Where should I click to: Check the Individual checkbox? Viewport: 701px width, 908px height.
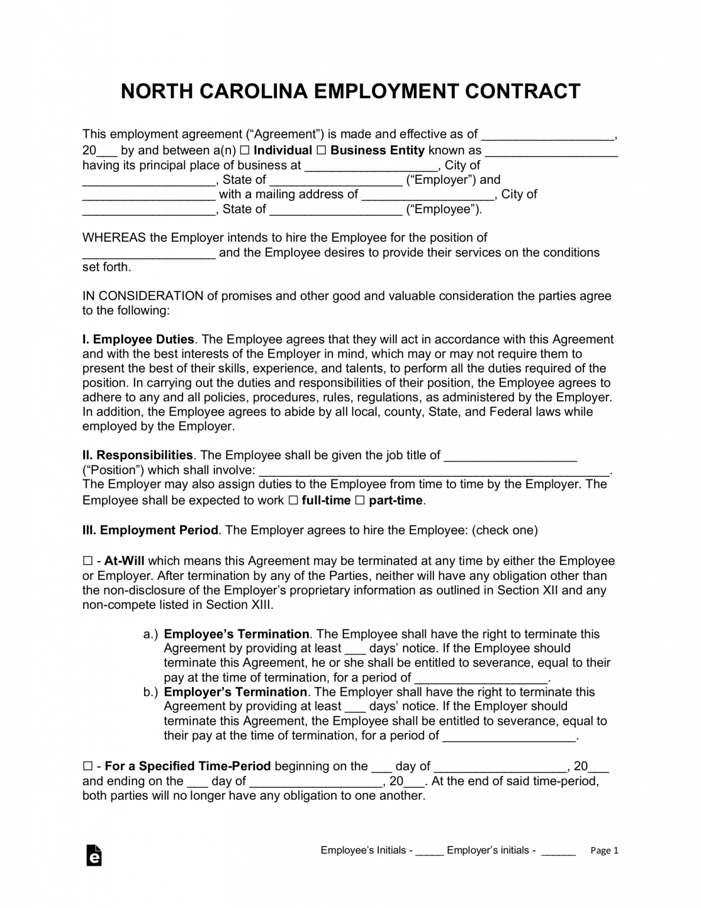point(244,151)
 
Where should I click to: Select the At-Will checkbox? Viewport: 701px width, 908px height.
point(87,561)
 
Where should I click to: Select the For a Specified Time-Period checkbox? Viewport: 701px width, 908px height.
point(87,767)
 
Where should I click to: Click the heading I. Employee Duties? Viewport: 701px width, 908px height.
point(138,339)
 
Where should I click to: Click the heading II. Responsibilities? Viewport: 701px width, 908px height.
point(138,455)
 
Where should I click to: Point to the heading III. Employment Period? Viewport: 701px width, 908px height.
point(150,530)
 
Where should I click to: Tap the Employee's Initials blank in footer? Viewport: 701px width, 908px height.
point(429,851)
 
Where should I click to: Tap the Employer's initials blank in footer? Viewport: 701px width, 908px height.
point(558,851)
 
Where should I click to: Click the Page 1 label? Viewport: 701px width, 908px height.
point(604,851)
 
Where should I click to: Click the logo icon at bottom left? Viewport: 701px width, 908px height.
point(94,855)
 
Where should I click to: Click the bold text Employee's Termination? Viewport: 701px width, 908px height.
point(236,634)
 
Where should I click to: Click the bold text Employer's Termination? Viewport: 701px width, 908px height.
point(235,692)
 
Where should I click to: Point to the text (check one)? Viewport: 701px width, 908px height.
point(505,530)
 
